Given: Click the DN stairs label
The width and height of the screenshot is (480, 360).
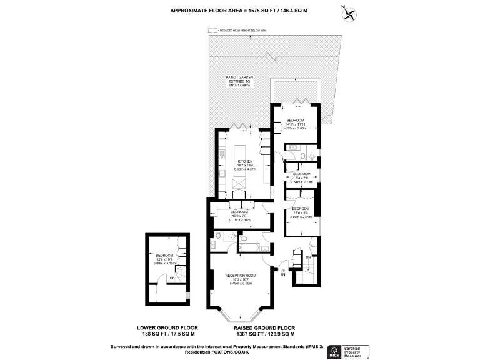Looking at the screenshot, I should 308,257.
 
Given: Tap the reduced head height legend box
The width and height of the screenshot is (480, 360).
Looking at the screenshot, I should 212,29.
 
